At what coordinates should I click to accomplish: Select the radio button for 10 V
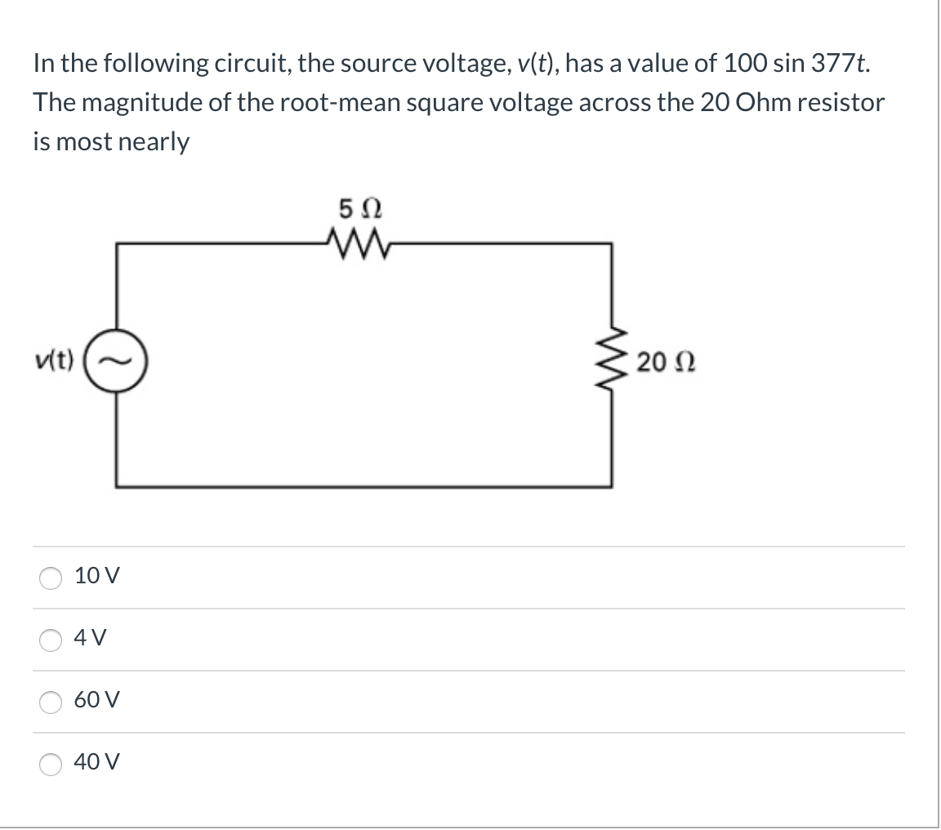[x=50, y=578]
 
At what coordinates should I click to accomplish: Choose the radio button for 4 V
[x=50, y=640]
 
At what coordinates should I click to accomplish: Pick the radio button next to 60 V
[x=50, y=702]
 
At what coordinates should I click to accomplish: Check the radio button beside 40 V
[x=50, y=764]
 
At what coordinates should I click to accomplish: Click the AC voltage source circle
[x=117, y=360]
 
